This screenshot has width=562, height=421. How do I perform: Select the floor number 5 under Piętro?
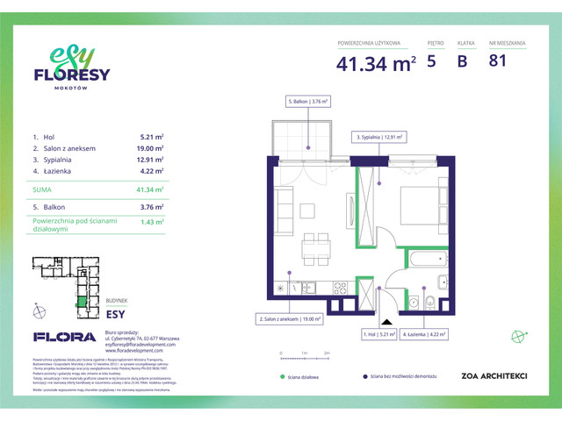click(431, 61)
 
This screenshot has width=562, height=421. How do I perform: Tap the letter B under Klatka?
click(462, 61)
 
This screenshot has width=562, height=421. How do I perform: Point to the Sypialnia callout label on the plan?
click(382, 137)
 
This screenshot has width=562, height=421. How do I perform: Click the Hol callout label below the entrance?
click(379, 334)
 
